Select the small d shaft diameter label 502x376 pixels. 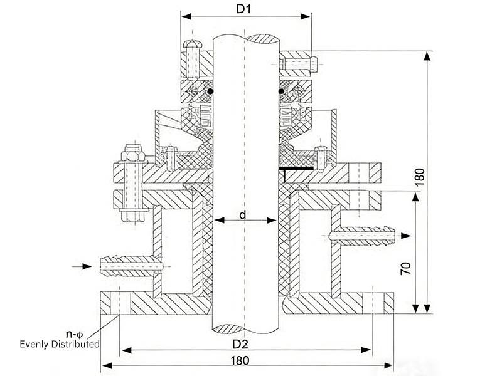[242, 216]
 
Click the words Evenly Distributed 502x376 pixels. [60, 344]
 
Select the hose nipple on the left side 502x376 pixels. [129, 268]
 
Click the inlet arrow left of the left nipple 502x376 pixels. [81, 268]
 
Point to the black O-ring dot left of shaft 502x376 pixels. [211, 95]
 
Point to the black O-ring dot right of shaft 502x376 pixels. [283, 95]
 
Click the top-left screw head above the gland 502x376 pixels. [192, 45]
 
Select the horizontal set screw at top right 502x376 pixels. [301, 63]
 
